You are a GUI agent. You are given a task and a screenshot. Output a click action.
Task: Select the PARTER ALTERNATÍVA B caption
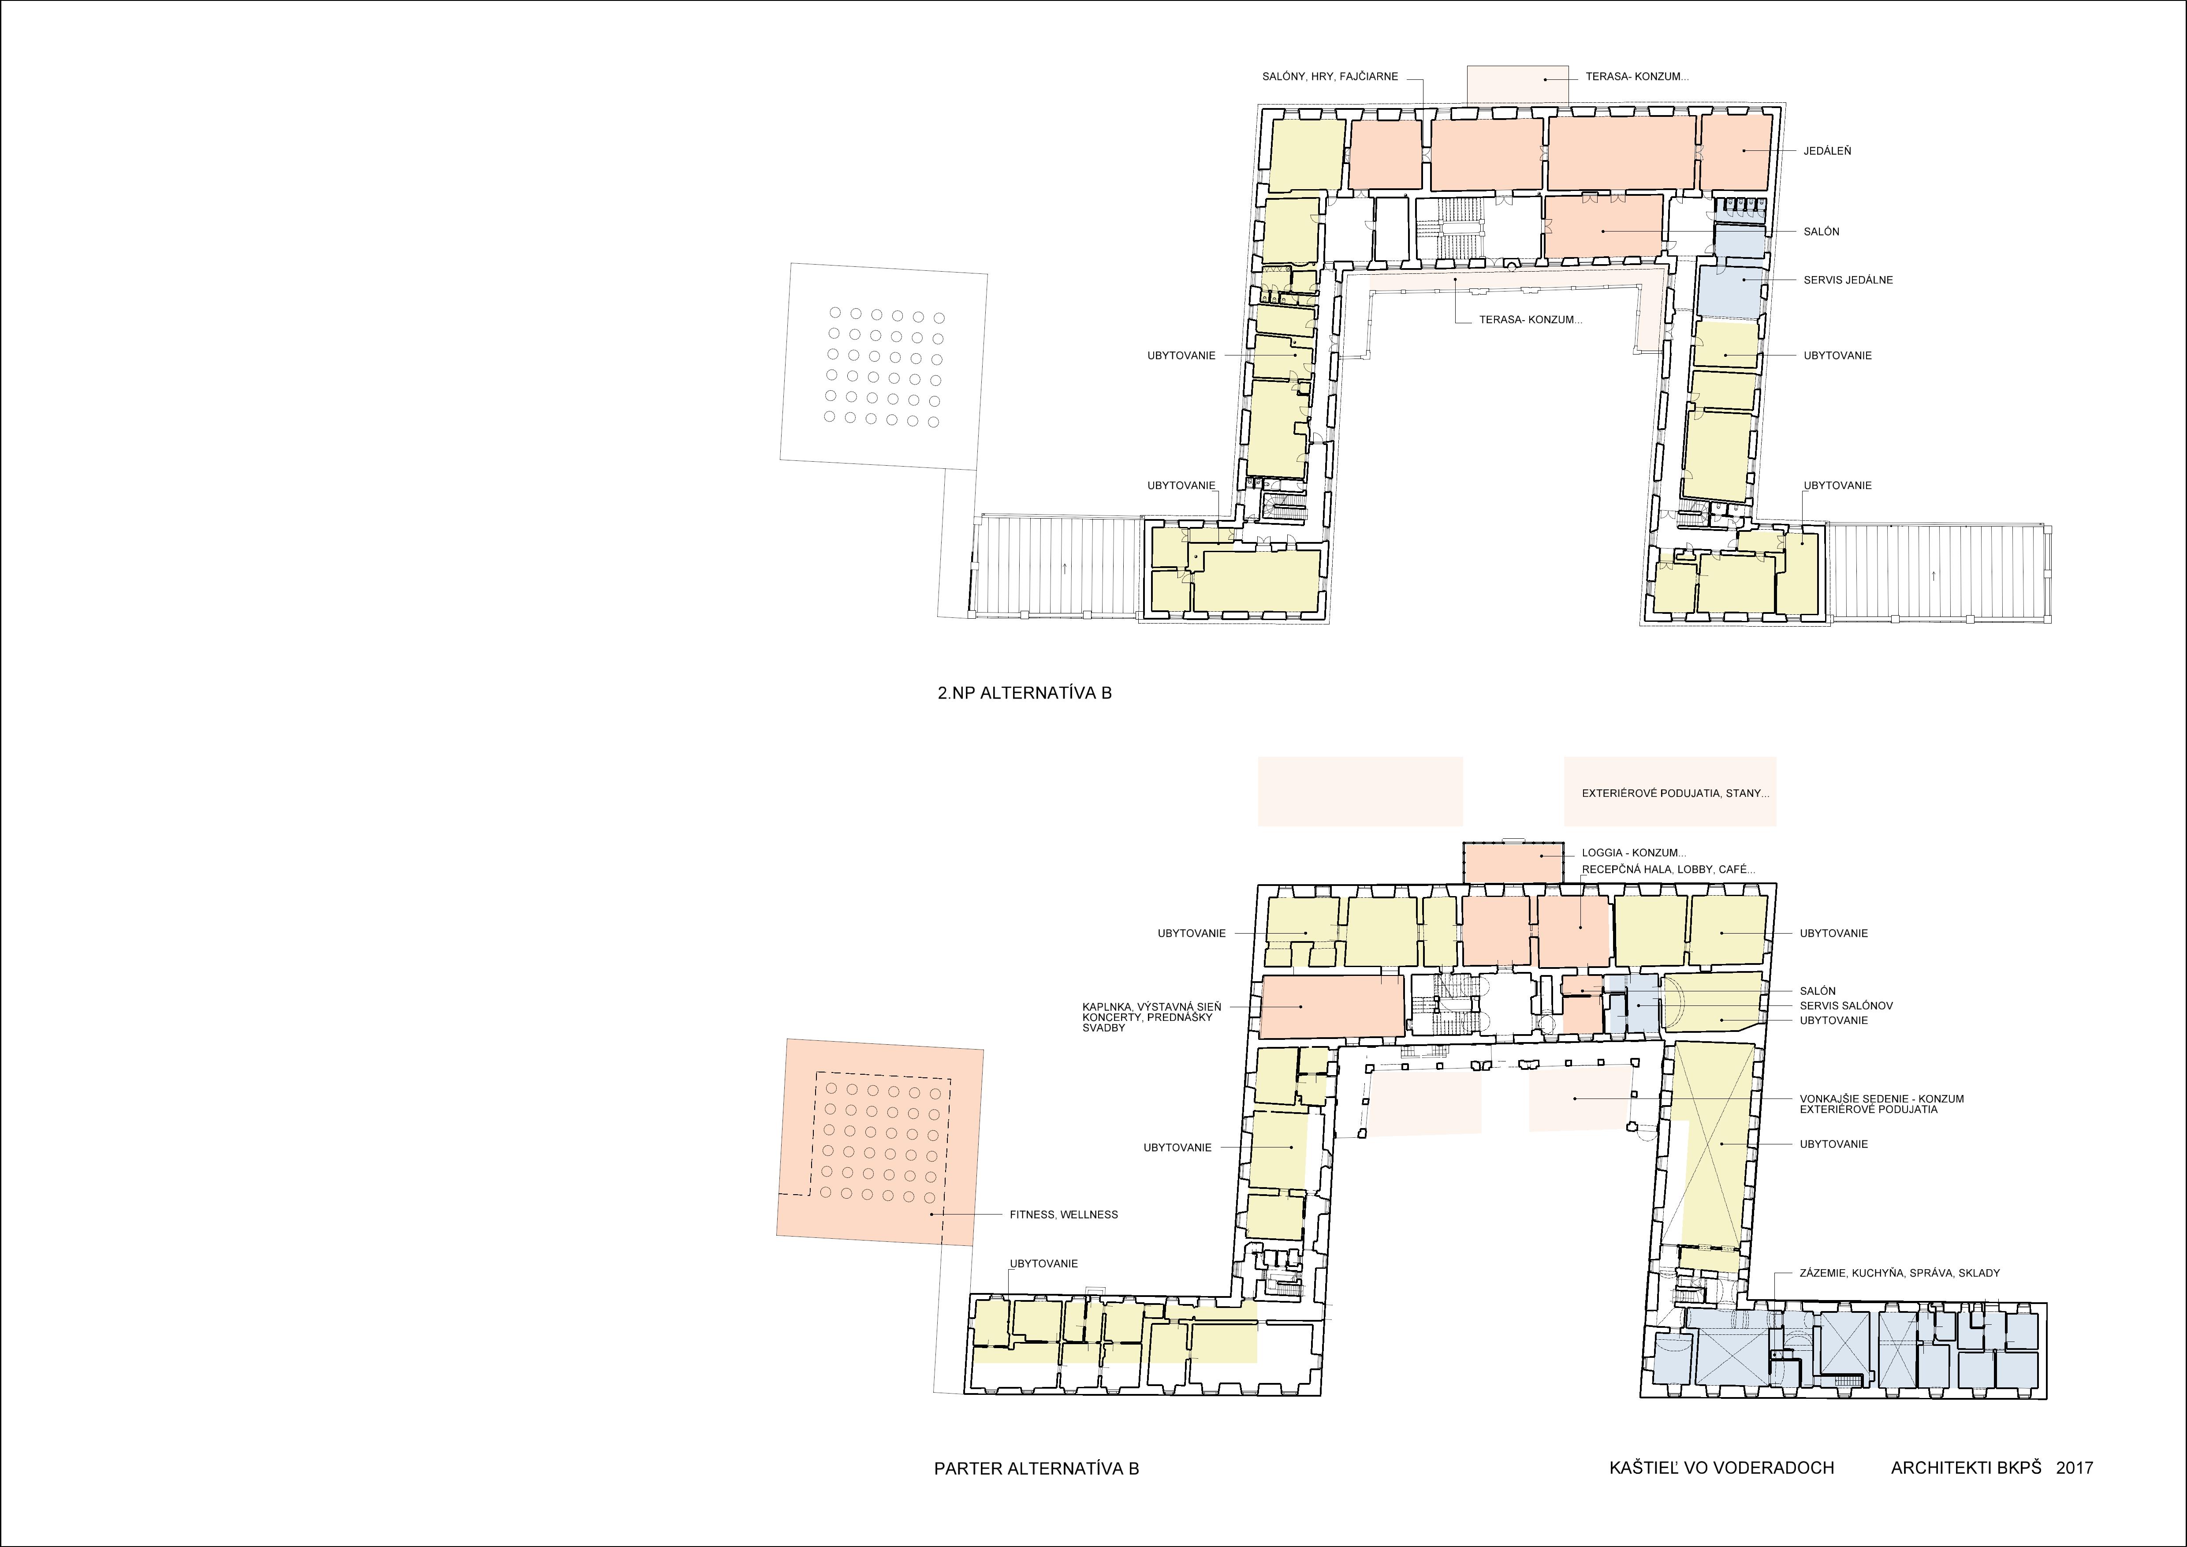coord(1036,1468)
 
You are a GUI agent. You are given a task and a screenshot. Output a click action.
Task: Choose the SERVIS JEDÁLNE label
coord(1848,280)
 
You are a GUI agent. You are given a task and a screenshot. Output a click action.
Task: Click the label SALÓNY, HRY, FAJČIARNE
coord(1330,76)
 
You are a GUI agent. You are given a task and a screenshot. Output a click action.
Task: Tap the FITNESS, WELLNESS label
coord(1063,1214)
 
